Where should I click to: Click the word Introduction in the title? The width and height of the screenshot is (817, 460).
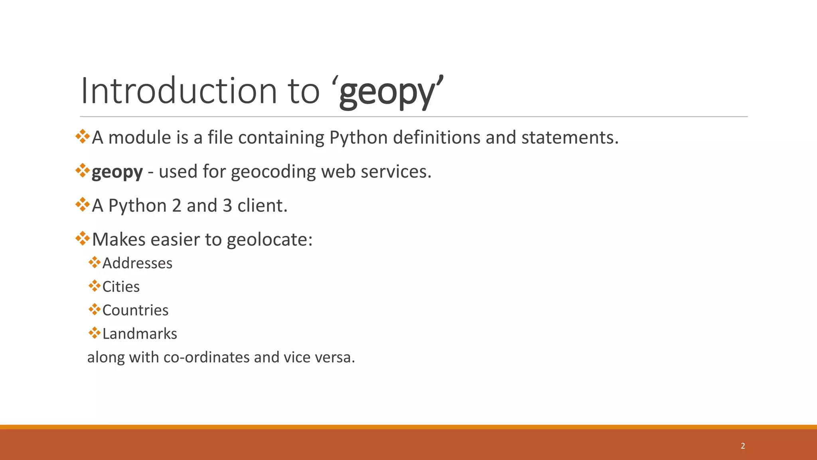(x=179, y=91)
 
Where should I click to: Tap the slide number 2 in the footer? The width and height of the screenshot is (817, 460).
(x=743, y=446)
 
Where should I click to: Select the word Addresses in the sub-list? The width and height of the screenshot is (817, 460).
(x=137, y=263)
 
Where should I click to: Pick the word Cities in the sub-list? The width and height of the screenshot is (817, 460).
(x=121, y=287)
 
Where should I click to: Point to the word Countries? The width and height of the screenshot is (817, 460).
(x=135, y=310)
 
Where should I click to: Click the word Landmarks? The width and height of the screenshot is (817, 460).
(x=140, y=334)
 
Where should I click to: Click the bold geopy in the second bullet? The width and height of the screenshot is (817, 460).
(x=117, y=172)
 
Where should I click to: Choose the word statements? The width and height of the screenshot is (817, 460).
(x=570, y=137)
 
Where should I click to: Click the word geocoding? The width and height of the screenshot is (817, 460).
(x=273, y=172)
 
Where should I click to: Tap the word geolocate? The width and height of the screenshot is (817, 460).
(x=269, y=240)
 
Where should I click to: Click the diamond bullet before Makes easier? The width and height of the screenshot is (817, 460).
(x=83, y=238)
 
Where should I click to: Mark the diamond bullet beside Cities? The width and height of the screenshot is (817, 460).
(x=95, y=286)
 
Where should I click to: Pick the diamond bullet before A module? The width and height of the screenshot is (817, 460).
(x=83, y=136)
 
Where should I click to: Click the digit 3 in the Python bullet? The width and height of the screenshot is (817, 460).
(x=227, y=206)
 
